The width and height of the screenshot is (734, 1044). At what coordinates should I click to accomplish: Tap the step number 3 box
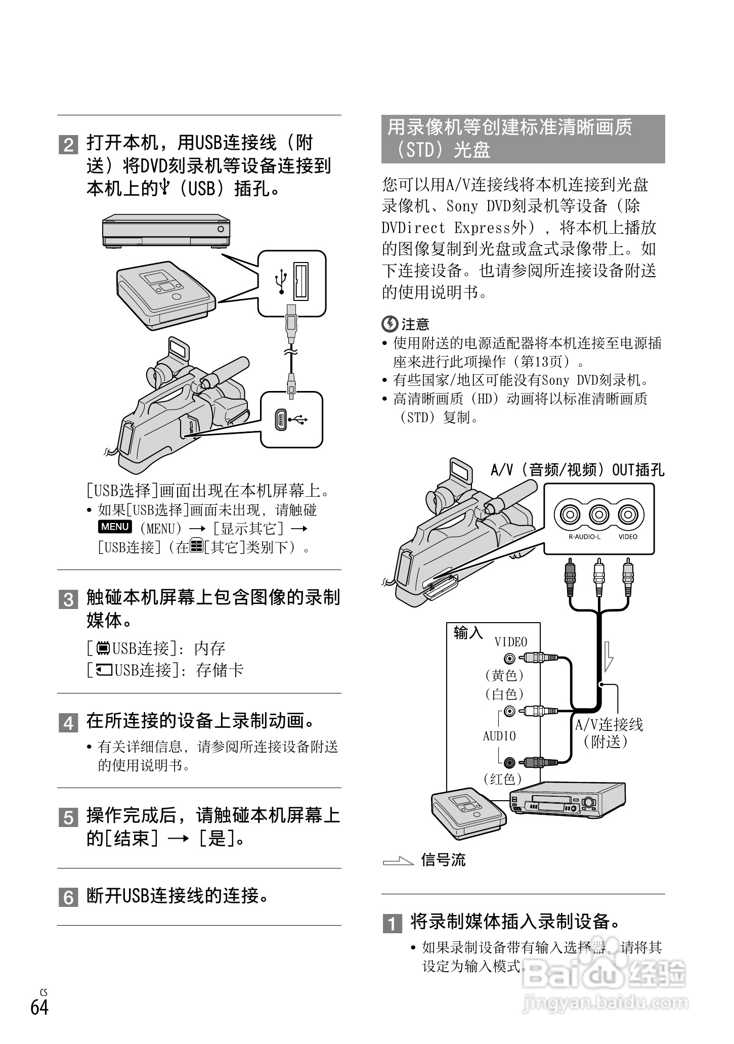pyautogui.click(x=68, y=599)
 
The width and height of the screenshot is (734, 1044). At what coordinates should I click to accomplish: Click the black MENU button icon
pyautogui.click(x=115, y=527)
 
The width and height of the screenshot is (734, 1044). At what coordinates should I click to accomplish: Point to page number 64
pyautogui.click(x=39, y=1007)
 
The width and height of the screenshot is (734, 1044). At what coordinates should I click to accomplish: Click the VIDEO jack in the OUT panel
pyautogui.click(x=628, y=514)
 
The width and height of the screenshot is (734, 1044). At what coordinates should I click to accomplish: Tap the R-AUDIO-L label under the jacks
pyautogui.click(x=584, y=537)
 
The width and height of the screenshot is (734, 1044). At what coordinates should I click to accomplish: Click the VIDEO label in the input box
pyautogui.click(x=511, y=642)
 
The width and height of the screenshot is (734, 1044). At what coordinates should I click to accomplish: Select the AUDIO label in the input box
pyautogui.click(x=499, y=736)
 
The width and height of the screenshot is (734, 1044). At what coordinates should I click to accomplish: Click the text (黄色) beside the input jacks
pyautogui.click(x=504, y=675)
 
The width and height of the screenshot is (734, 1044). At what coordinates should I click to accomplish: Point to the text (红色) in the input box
pyautogui.click(x=503, y=778)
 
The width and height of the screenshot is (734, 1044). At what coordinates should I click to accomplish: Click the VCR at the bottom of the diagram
pyautogui.click(x=567, y=800)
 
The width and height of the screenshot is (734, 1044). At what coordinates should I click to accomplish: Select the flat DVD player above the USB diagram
pyautogui.click(x=166, y=231)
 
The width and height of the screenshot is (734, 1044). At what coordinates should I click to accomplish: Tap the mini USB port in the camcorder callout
pyautogui.click(x=280, y=420)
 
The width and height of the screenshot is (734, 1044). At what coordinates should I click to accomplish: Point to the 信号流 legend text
pyautogui.click(x=444, y=859)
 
